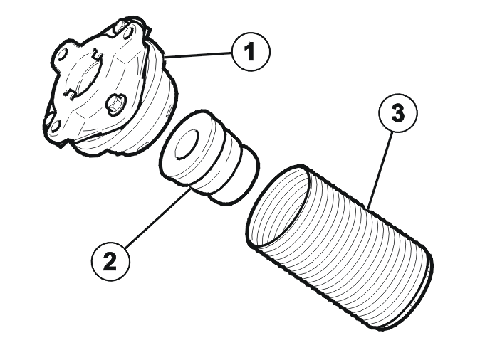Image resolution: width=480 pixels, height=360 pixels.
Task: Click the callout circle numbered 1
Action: coord(251,52)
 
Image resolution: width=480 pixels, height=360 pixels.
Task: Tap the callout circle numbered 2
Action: coord(110,262)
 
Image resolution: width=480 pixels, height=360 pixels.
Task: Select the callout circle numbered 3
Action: coord(398,113)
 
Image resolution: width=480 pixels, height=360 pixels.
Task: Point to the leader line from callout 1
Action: coord(199,55)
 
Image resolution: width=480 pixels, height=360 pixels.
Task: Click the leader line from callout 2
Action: coord(159,216)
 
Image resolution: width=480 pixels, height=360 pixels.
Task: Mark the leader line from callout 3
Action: coord(380,169)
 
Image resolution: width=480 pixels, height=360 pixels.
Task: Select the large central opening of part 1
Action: coord(84,75)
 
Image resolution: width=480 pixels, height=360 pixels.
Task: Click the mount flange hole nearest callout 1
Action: coord(128,33)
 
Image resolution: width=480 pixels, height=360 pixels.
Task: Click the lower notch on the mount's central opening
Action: coord(69,94)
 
